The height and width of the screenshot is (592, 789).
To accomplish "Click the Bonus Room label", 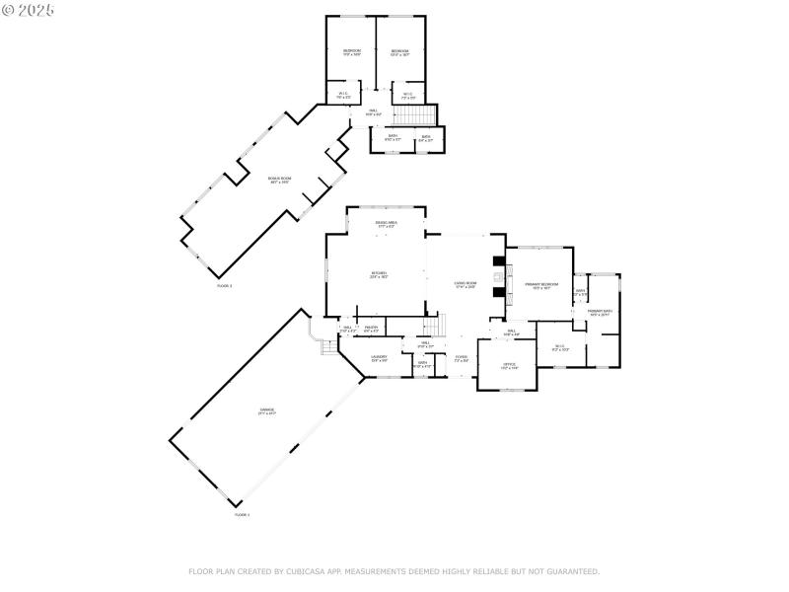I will point(279,181).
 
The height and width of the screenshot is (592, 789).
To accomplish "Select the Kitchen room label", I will point(379,274).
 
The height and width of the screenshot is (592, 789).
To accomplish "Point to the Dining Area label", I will point(386,225).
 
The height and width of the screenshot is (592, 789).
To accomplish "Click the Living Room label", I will point(466,285).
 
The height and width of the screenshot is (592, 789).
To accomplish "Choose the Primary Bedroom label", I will point(541,286).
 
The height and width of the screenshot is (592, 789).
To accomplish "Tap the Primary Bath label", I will point(601,313).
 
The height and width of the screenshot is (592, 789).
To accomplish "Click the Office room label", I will point(509,366).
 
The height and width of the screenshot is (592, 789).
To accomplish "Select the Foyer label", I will point(461,359).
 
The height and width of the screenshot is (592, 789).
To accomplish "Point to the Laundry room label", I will point(380,359).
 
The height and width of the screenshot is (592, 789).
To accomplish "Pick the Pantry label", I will point(372,329).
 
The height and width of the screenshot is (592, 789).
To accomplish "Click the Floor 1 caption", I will point(242,515).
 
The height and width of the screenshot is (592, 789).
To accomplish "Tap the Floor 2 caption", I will point(224,286).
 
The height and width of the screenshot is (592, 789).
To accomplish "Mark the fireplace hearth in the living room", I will point(499,278).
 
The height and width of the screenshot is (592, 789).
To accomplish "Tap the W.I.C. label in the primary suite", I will point(559,347).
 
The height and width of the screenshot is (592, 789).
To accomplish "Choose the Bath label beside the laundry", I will point(422,364).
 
